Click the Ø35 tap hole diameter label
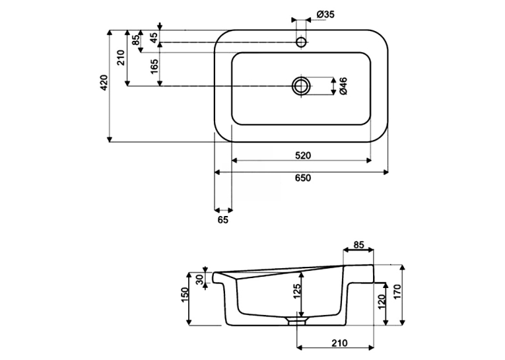tap(325, 15)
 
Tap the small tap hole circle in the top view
tap(301, 42)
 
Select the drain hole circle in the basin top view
tap(302, 86)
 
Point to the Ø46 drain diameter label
tap(343, 86)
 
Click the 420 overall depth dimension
tap(104, 83)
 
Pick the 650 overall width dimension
tap(303, 178)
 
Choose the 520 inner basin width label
tap(303, 156)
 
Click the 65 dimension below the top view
tap(223, 220)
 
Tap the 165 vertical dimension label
tap(154, 67)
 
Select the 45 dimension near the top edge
tap(154, 38)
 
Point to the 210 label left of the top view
tap(120, 57)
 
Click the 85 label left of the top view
tap(136, 40)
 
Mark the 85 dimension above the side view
tap(358, 245)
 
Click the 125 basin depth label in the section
tap(296, 292)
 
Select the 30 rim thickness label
tap(200, 279)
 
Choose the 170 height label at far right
tap(397, 292)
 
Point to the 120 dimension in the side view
tap(382, 302)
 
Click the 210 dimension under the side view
tap(339, 343)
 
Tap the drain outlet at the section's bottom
tap(296, 321)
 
